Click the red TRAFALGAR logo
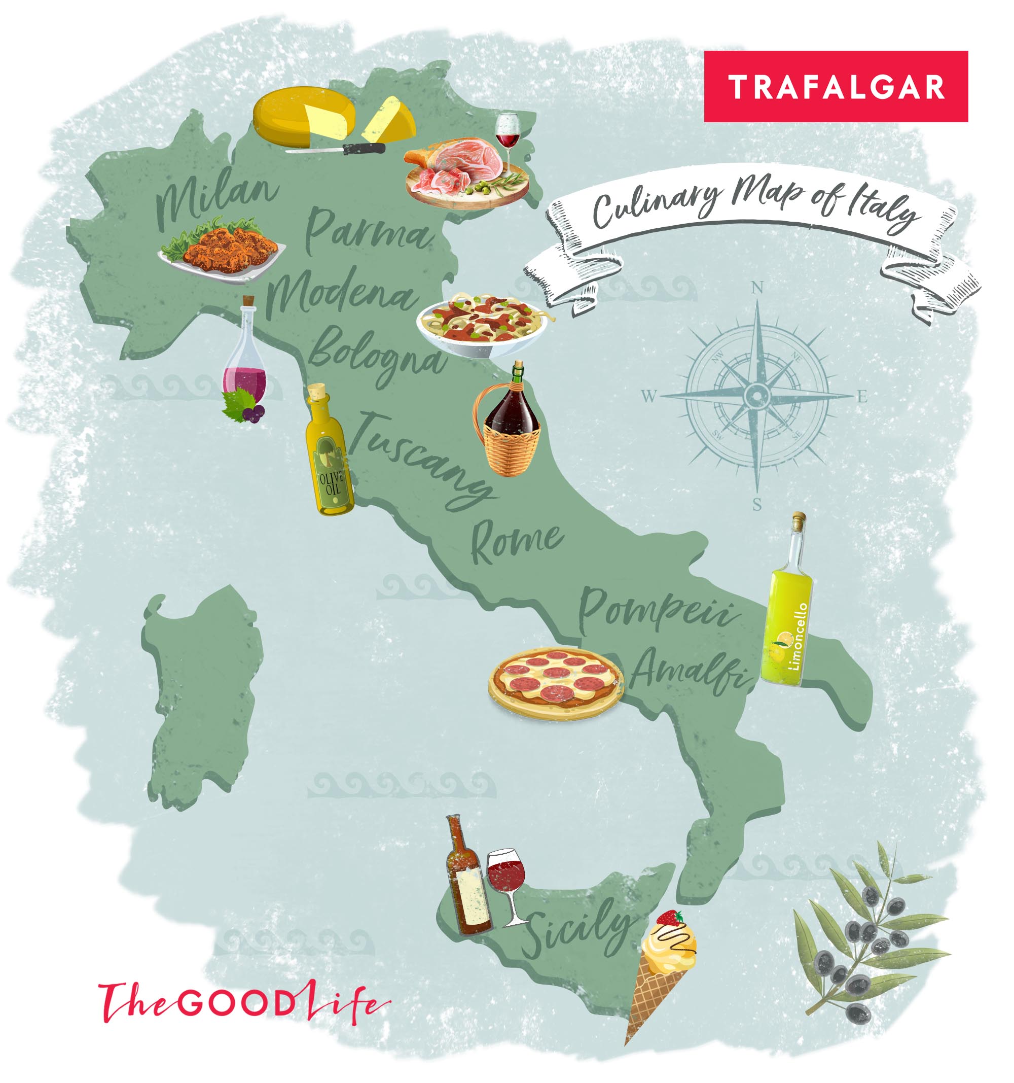coord(835,87)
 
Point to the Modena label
coord(342,294)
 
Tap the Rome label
coord(516,541)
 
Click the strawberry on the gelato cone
coord(670,919)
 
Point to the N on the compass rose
coord(757,287)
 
